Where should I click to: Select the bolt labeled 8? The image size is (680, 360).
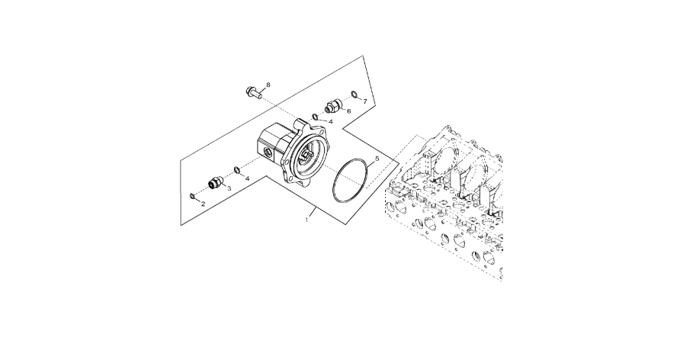252,94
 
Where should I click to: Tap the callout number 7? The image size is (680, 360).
364,101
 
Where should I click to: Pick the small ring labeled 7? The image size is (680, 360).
354,95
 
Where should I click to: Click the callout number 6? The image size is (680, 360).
348,111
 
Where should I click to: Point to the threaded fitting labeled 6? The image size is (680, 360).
333,106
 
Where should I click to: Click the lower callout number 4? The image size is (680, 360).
247,178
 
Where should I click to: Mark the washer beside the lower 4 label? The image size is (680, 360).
238,169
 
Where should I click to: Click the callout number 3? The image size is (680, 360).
229,188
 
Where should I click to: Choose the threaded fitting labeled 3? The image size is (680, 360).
215,183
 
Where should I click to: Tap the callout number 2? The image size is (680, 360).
202,204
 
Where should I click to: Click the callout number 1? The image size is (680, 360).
306,219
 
